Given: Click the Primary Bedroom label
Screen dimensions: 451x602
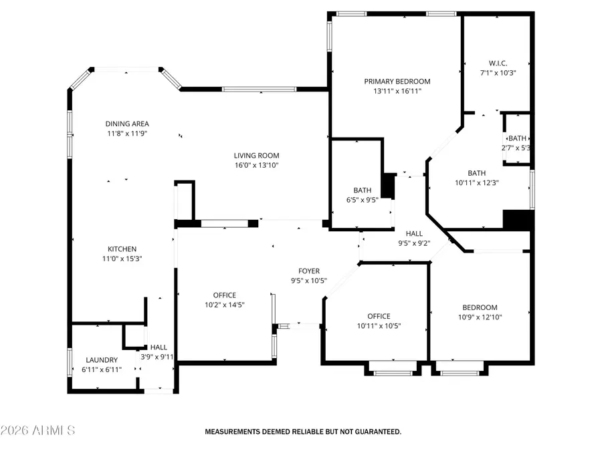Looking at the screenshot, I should [397, 82].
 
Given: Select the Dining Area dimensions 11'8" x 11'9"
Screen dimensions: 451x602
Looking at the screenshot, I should [126, 134].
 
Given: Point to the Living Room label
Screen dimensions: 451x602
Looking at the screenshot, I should [256, 156].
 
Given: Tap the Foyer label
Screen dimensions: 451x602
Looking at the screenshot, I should [309, 271].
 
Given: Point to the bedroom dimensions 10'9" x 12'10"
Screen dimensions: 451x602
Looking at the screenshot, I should [480, 317].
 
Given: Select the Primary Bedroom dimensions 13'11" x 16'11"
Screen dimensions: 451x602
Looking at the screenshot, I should [397, 92].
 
